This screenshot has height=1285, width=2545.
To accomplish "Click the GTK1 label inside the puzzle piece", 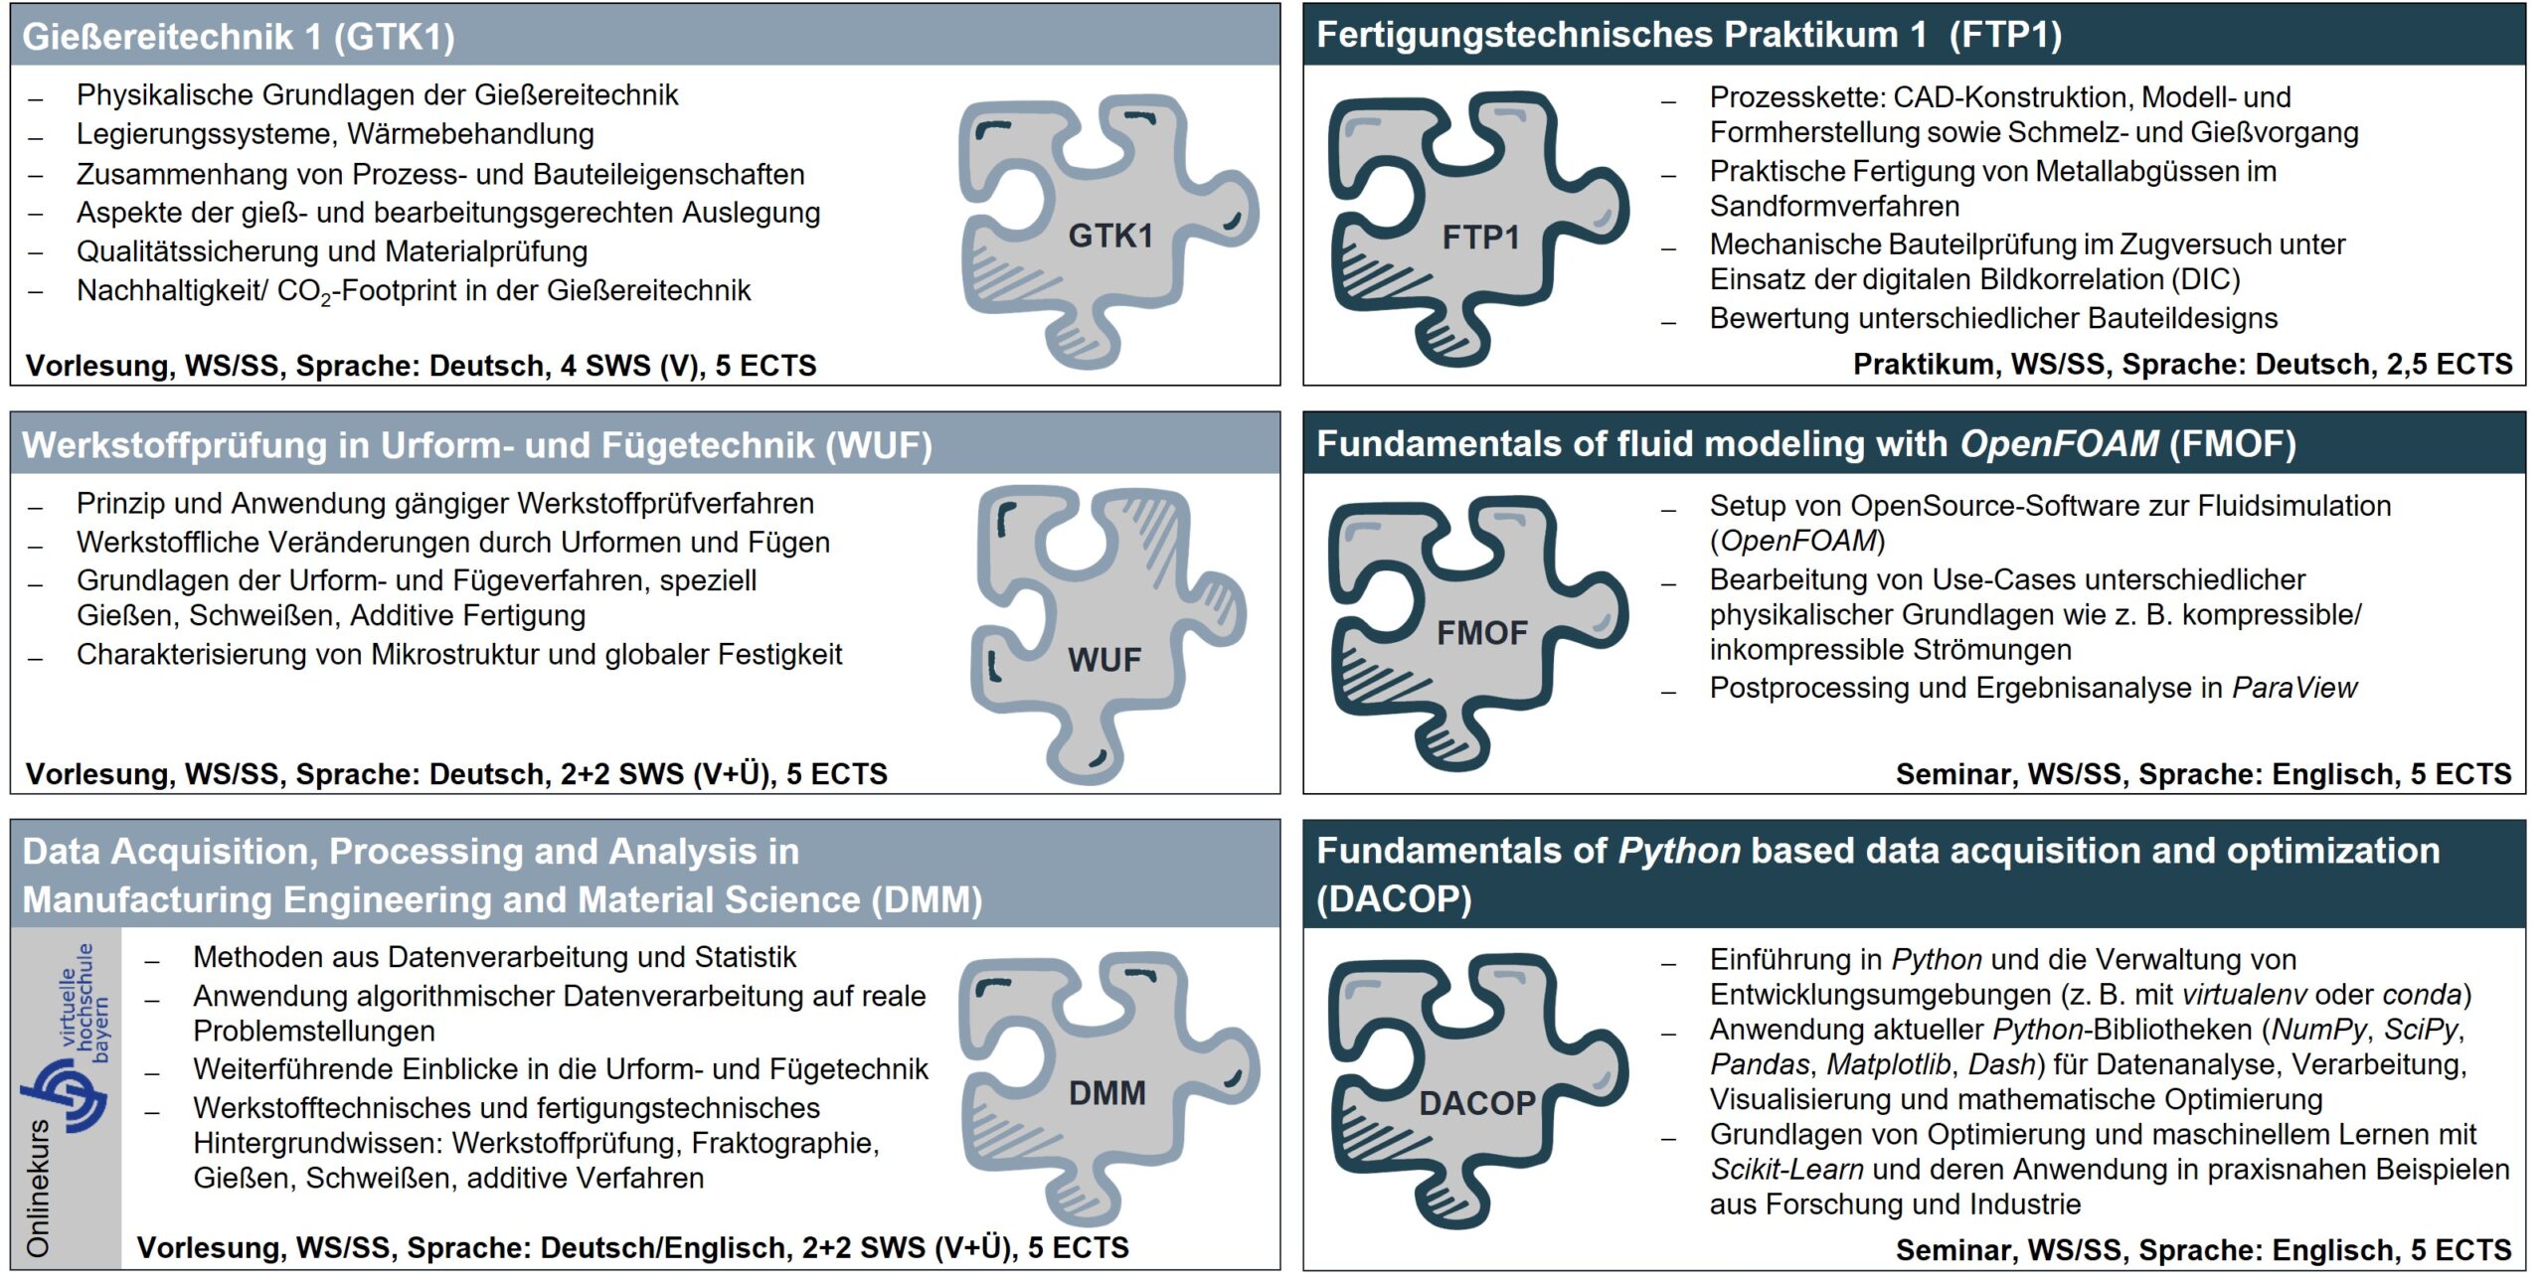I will point(1110,236).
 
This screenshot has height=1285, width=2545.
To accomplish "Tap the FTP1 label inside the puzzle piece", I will point(1480,238).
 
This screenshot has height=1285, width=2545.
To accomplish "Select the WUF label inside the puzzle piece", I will point(1104,659).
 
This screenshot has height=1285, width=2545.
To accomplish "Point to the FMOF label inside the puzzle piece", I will point(1481,632).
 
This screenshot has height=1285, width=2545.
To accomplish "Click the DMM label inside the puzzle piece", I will point(1106,1092).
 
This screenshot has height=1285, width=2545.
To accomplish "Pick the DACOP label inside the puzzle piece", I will point(1477,1102).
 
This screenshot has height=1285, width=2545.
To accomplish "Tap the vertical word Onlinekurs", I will point(38,1188).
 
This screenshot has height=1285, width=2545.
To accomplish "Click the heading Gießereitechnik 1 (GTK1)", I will point(239,37).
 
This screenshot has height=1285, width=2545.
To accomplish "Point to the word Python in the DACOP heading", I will point(1679,852).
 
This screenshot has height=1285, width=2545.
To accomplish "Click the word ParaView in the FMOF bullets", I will point(2294,688).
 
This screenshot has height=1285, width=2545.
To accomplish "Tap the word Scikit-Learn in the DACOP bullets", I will point(1786,1170).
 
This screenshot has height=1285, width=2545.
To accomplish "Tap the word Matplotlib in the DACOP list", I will point(1889,1064).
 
